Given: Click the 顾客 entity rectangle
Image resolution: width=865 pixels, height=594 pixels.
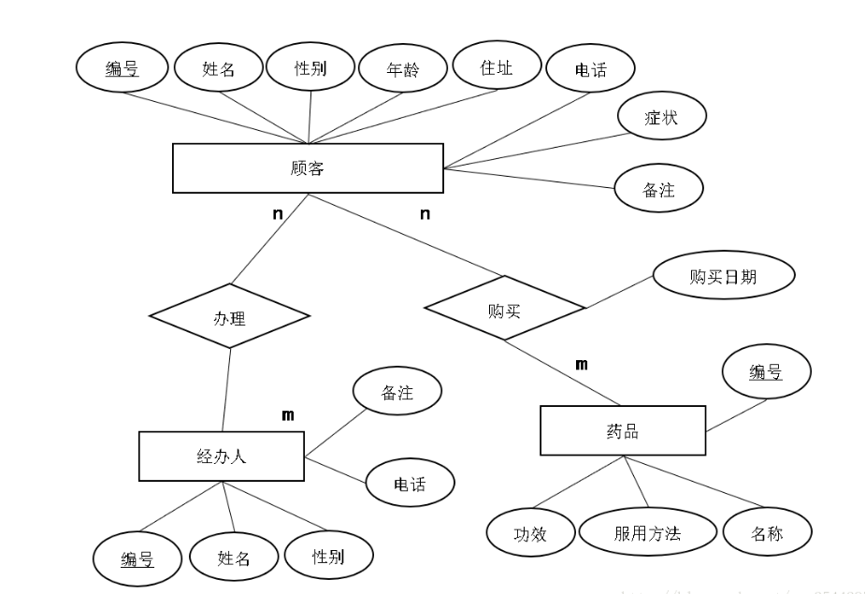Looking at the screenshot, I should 308,168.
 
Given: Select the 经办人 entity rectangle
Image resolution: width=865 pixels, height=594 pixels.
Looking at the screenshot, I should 221,456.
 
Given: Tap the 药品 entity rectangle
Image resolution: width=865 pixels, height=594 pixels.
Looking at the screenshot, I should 622,431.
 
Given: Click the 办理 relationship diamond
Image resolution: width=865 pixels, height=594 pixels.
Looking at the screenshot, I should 229,318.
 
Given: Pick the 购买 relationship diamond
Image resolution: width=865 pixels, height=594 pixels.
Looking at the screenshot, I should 504,310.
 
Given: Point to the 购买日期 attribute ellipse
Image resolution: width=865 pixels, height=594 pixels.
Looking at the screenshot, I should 723,276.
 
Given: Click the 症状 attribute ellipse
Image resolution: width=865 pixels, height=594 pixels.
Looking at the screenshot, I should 661,118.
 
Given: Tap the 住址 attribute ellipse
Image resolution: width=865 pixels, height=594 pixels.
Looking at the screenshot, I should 497,67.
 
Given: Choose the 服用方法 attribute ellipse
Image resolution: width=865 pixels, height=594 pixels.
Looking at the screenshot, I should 647,533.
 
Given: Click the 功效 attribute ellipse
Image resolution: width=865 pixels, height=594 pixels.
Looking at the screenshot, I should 530,534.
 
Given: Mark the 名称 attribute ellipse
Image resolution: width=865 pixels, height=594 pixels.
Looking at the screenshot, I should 766,534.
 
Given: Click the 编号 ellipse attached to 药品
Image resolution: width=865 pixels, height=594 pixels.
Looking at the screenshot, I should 766,372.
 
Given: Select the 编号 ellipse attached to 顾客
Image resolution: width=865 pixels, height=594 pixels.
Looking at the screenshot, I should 122,68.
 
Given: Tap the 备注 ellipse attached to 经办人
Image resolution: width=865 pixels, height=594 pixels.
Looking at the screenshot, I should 397,394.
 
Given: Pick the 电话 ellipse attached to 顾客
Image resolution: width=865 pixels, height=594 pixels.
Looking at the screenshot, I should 591,69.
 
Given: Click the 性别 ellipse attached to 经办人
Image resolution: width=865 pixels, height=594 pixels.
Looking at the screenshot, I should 328,557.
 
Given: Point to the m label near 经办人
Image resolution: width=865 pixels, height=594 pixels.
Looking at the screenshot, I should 288,415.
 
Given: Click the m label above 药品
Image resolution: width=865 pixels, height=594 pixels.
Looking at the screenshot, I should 581,364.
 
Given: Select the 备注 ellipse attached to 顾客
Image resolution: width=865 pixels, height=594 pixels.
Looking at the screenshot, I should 658,190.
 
